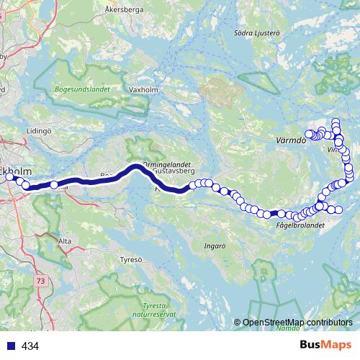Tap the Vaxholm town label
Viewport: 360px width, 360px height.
pos(140,90)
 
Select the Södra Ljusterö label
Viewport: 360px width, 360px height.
pos(251,32)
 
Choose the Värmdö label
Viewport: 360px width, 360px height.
pos(291,140)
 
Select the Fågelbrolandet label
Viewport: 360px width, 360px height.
pos(300,225)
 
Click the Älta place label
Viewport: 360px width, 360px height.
pos(65,241)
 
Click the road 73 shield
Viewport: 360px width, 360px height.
pos(40,279)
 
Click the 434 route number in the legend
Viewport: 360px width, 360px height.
pos(30,346)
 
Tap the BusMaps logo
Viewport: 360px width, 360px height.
pos(325,345)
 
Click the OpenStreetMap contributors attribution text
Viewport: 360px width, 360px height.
pos(297,323)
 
